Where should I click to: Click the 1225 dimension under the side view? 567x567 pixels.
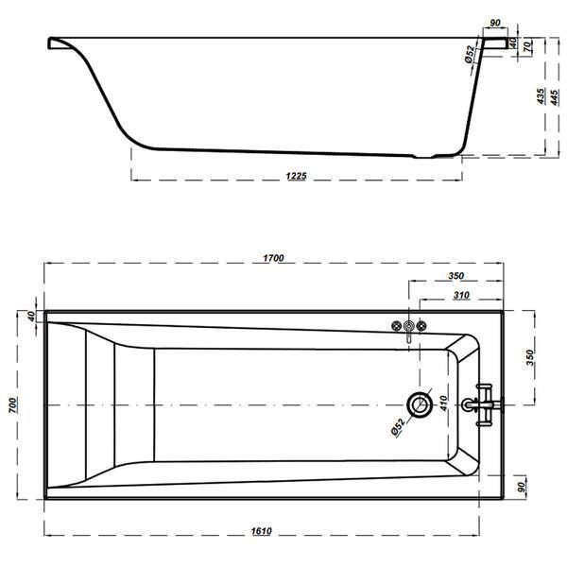coord(296,176)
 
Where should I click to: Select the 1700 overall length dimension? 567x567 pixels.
coord(273,258)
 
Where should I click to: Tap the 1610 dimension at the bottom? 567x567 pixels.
coord(262,531)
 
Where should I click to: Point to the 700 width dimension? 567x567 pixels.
coord(12,405)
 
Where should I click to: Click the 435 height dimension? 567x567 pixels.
coord(541,96)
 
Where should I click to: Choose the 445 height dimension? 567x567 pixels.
coord(555,97)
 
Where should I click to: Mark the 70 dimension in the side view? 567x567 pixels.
coord(528,46)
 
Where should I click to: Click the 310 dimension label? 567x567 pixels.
coord(461,296)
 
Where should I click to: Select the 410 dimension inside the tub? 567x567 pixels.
coord(444,404)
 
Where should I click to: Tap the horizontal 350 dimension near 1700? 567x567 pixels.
coord(456,276)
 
